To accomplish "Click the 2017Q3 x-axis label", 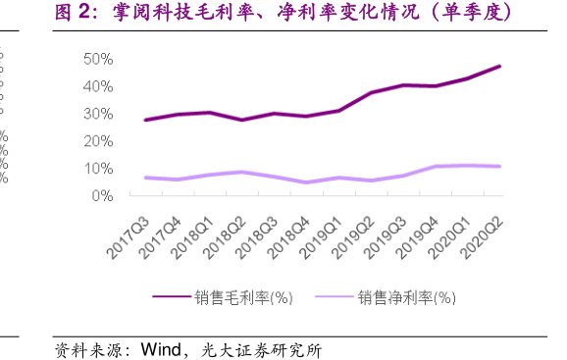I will pyautogui.click(x=129, y=235).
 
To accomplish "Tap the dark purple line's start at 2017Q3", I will pyautogui.click(x=145, y=120).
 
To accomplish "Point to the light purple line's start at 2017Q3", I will pyautogui.click(x=145, y=178).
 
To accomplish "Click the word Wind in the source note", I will pyautogui.click(x=163, y=349).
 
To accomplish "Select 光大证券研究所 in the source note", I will pyautogui.click(x=261, y=349).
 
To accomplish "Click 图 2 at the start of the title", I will pyautogui.click(x=72, y=14).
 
